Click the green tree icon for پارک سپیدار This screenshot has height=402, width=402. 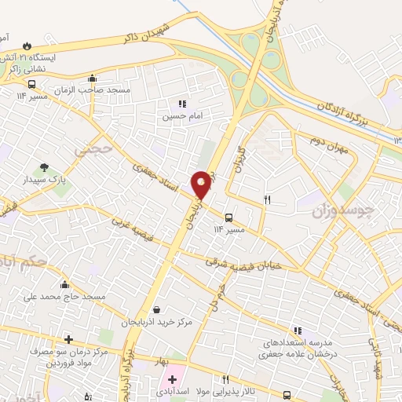click(x=44, y=166)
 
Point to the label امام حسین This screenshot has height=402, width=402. click(x=177, y=115)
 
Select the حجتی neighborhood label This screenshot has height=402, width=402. click(x=93, y=147)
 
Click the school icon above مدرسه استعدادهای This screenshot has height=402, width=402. click(x=297, y=331)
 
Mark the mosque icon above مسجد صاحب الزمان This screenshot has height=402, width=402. click(x=93, y=78)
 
